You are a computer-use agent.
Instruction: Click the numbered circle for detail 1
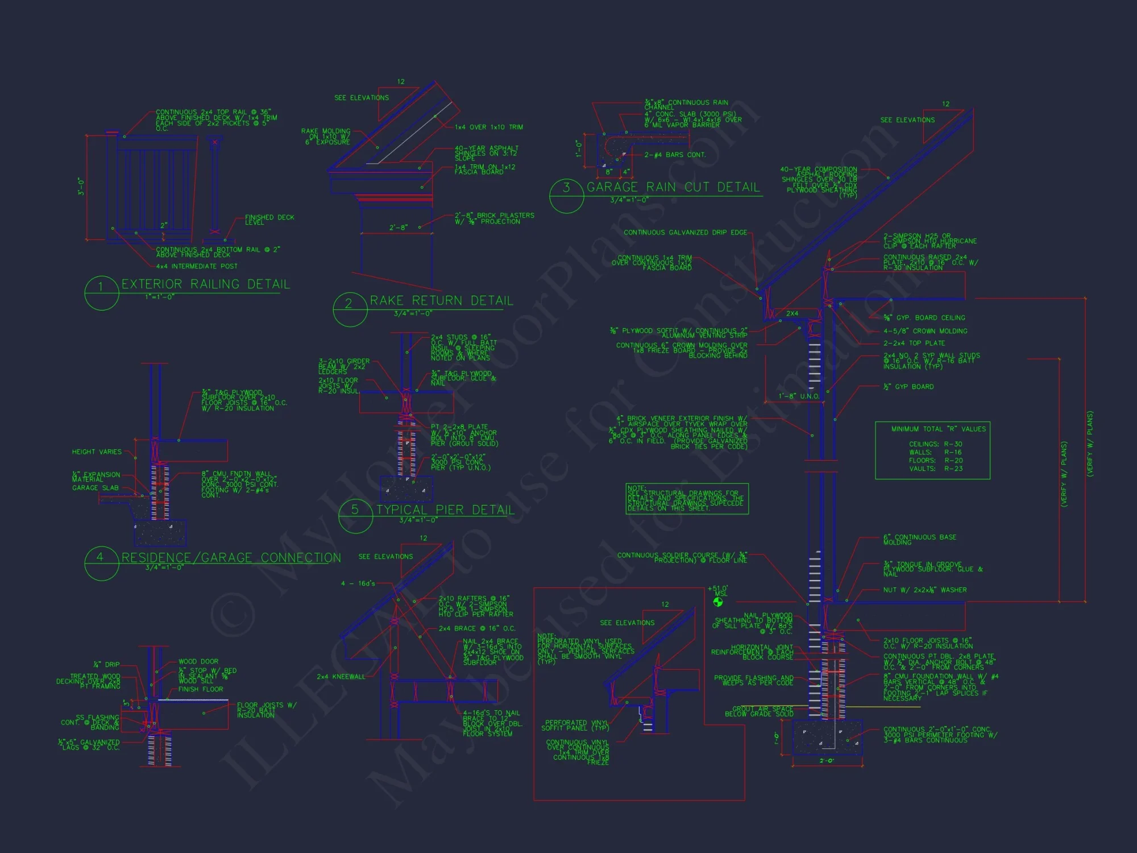point(101,293)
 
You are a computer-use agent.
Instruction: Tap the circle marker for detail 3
point(566,195)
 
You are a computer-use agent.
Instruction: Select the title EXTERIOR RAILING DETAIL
point(205,284)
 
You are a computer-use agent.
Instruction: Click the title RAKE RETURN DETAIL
point(441,301)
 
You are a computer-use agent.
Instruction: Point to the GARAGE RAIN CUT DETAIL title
point(673,188)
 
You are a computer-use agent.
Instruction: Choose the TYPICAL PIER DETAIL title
point(445,510)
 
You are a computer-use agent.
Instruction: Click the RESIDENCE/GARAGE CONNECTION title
point(231,558)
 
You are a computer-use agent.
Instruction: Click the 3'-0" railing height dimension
point(81,187)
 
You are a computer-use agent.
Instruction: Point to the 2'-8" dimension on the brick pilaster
point(398,227)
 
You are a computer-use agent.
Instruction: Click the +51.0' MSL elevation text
point(717,591)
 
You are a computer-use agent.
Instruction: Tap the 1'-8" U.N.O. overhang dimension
point(799,396)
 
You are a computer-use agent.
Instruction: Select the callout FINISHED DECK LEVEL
point(269,220)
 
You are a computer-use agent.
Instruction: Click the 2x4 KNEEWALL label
point(341,677)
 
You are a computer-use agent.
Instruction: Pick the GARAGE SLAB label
point(96,488)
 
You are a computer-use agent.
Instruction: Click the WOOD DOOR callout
point(198,661)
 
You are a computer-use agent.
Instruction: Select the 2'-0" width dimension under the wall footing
point(827,761)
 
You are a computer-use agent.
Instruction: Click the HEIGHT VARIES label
point(97,452)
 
